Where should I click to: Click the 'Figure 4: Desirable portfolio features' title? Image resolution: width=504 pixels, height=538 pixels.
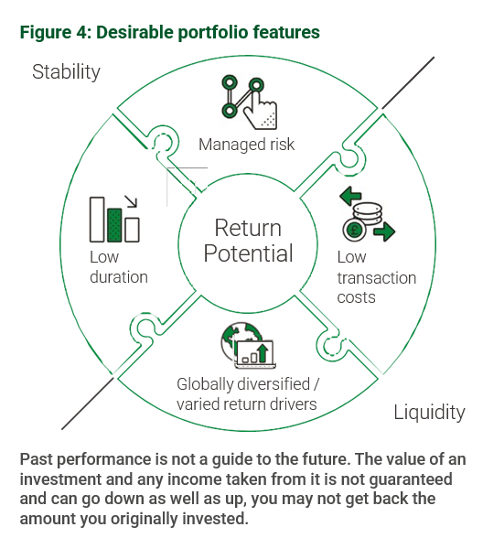[x=170, y=33]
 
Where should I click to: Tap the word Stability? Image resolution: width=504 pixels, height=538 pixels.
[x=66, y=72]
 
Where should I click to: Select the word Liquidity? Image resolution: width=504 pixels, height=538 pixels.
[x=429, y=412]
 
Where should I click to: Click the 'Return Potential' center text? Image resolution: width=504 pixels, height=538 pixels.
[x=248, y=241]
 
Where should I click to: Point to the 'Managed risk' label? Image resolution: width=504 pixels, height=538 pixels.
[x=246, y=145]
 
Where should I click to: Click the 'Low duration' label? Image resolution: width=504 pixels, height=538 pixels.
[x=119, y=267]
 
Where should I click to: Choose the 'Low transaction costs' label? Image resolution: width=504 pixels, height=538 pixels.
[x=376, y=277]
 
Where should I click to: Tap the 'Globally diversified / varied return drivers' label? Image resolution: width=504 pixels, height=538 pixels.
[x=248, y=394]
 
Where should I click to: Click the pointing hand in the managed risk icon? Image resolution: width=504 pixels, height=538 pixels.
[x=262, y=110]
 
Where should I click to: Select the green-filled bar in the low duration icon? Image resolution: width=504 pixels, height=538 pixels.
[x=114, y=225]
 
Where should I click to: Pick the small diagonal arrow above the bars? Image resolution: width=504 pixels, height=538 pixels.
[x=131, y=201]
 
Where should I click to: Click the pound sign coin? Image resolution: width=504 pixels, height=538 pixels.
[x=354, y=230]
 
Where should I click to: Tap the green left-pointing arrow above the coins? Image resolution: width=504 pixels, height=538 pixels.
[x=350, y=196]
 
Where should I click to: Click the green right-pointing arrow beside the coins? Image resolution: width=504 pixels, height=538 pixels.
[x=384, y=231]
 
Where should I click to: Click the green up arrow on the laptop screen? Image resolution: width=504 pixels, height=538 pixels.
[x=263, y=353]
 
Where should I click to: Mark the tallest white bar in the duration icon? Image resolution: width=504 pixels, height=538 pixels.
[x=97, y=220]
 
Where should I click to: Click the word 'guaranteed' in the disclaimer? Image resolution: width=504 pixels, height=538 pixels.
[x=411, y=479]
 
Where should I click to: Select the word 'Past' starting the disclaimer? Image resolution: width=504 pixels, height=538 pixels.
[x=37, y=459]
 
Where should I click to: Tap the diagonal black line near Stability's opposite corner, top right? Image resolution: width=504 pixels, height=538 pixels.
[x=408, y=83]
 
